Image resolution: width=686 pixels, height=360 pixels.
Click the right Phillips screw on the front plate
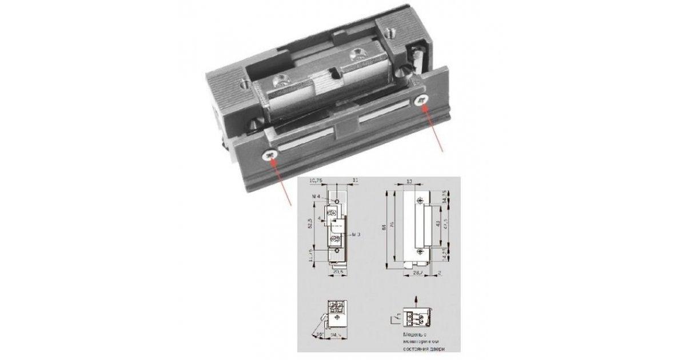[x=421, y=101]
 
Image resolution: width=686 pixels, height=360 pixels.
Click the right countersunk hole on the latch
[x=357, y=53]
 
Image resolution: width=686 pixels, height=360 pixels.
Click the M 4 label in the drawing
[x=316, y=197]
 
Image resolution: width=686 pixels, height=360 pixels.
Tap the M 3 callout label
[x=356, y=234]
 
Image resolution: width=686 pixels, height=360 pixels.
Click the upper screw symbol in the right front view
[x=421, y=199]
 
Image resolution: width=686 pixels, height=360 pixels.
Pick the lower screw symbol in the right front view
[x=421, y=250]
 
